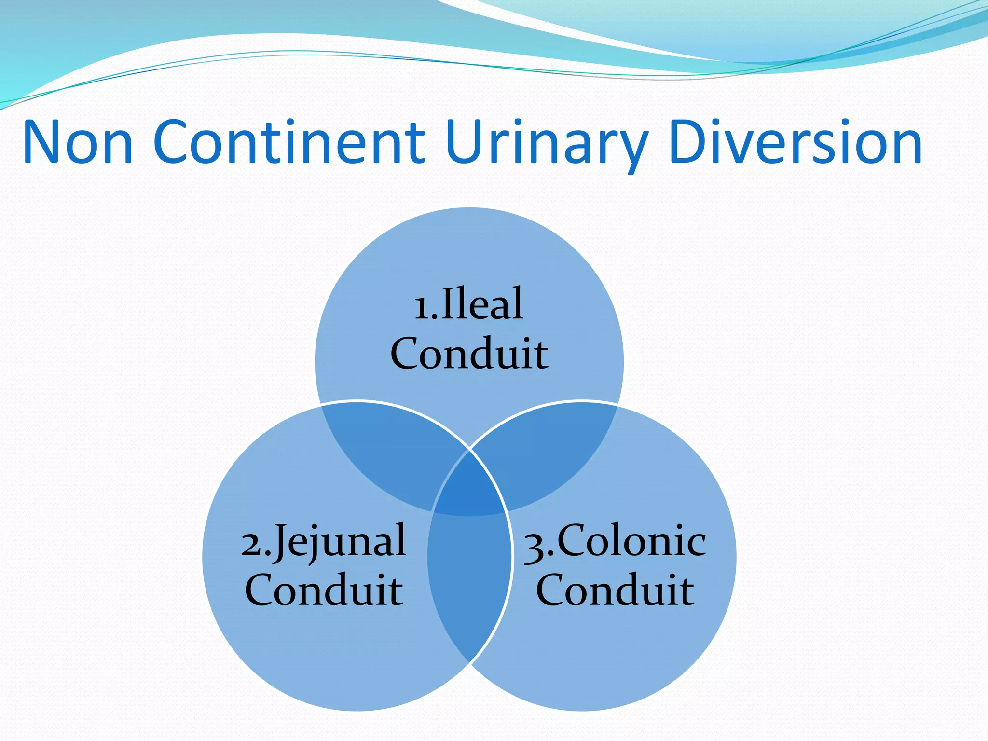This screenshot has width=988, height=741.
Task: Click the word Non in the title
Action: click(x=78, y=143)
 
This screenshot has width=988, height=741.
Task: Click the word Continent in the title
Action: click(x=289, y=143)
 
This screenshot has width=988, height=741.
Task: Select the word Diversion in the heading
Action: click(x=796, y=143)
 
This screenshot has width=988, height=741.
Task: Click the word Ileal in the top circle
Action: click(x=482, y=303)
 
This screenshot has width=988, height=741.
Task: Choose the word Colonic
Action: click(x=631, y=540)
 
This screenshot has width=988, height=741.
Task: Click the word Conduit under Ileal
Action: click(x=469, y=354)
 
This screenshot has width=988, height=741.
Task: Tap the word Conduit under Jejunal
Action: click(x=324, y=590)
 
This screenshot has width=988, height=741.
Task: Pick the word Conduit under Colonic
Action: click(x=615, y=590)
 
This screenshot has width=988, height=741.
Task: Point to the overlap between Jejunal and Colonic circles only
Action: click(x=469, y=579)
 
